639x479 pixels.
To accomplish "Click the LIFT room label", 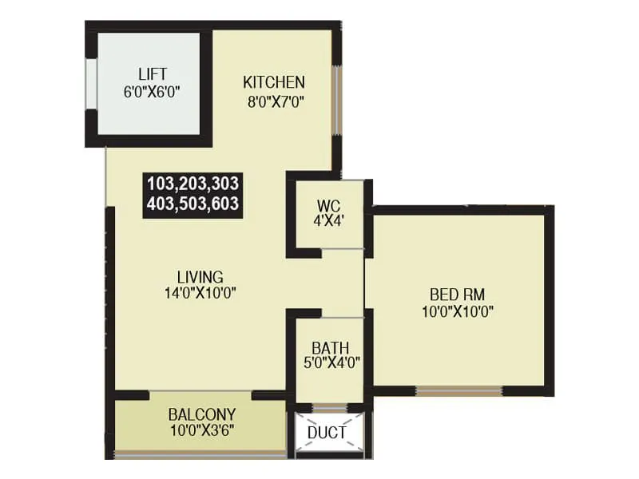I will (151, 75).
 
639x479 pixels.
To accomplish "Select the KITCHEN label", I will (274, 83).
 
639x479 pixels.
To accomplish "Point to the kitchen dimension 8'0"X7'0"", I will (274, 101).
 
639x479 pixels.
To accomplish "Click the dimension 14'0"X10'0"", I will (200, 292).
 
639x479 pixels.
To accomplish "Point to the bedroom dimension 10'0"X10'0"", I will (457, 311).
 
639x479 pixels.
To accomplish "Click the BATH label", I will (327, 348).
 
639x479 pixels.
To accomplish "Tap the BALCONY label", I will (201, 415).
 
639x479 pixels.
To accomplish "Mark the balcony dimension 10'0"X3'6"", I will (201, 431).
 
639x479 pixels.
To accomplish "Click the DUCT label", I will (327, 433).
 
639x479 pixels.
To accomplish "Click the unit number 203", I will (192, 183).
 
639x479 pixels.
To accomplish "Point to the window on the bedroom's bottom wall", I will (458, 390).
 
